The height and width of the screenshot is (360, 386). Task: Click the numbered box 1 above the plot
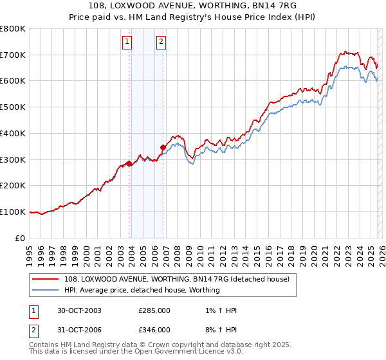click(127, 42)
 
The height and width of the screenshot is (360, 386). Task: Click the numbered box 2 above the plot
click(160, 42)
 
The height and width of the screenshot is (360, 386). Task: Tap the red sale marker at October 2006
click(163, 147)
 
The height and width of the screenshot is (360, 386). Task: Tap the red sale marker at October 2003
click(129, 163)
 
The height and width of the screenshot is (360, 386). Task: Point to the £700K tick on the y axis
click(13, 55)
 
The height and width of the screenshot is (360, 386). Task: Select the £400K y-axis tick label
click(13, 134)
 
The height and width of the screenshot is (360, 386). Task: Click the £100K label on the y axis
click(13, 212)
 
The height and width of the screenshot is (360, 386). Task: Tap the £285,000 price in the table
click(154, 310)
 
